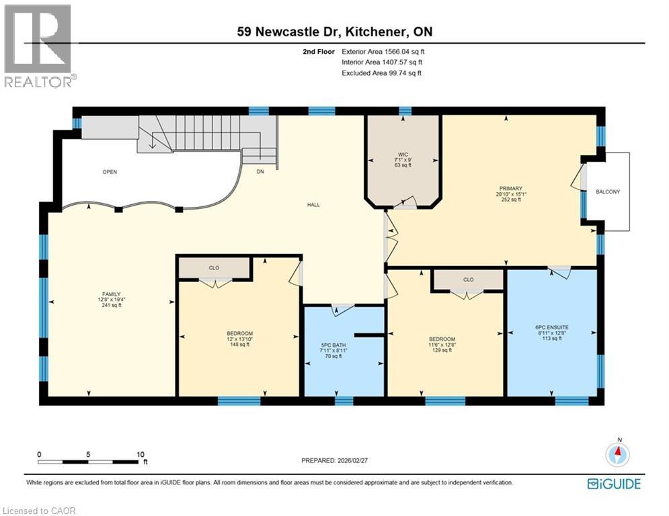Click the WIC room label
coord(403,153)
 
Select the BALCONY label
coord(608,192)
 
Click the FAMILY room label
coord(110,294)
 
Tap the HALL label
coord(313,205)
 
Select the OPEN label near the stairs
coord(110,172)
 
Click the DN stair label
coord(260,172)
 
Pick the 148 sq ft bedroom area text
coord(239,345)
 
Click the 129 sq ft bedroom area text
coord(442,350)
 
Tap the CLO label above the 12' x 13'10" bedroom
coord(214,268)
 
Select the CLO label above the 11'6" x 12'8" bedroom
coord(468,279)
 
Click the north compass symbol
coord(617,454)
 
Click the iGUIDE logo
coord(614,484)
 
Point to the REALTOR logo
coord(40,46)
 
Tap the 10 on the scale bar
coord(141,454)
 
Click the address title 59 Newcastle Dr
coord(333,32)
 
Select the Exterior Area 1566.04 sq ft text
coord(383,51)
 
